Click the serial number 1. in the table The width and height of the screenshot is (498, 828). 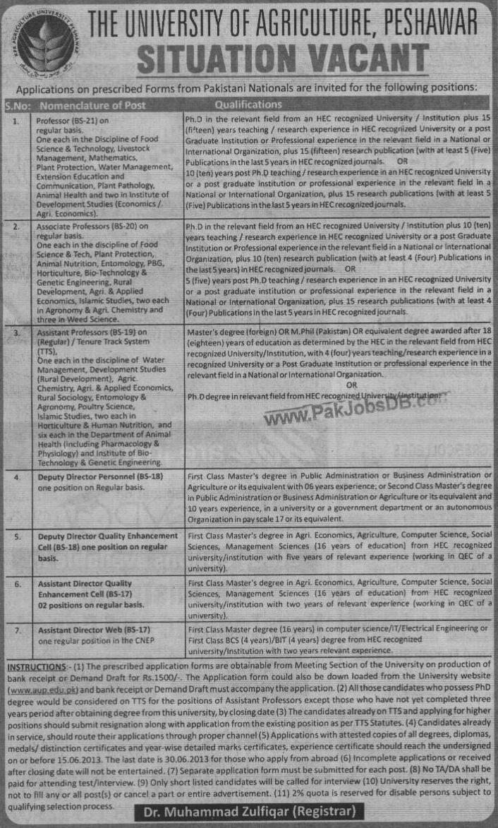pyautogui.click(x=16, y=121)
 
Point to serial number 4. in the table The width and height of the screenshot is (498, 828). pyautogui.click(x=16, y=478)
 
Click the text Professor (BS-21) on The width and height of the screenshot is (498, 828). pyautogui.click(x=78, y=121)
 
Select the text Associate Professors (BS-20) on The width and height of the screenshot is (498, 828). pyautogui.click(x=92, y=227)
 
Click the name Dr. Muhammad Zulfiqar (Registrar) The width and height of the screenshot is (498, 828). pyautogui.click(x=249, y=812)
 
